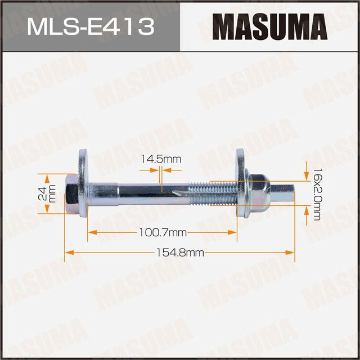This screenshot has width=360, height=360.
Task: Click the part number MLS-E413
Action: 90,26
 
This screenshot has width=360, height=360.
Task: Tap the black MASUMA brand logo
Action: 270,26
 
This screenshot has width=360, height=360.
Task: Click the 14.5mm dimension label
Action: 161,159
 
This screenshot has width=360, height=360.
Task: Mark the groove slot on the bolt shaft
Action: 178,193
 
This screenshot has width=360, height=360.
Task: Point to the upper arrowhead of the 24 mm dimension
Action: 47,175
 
